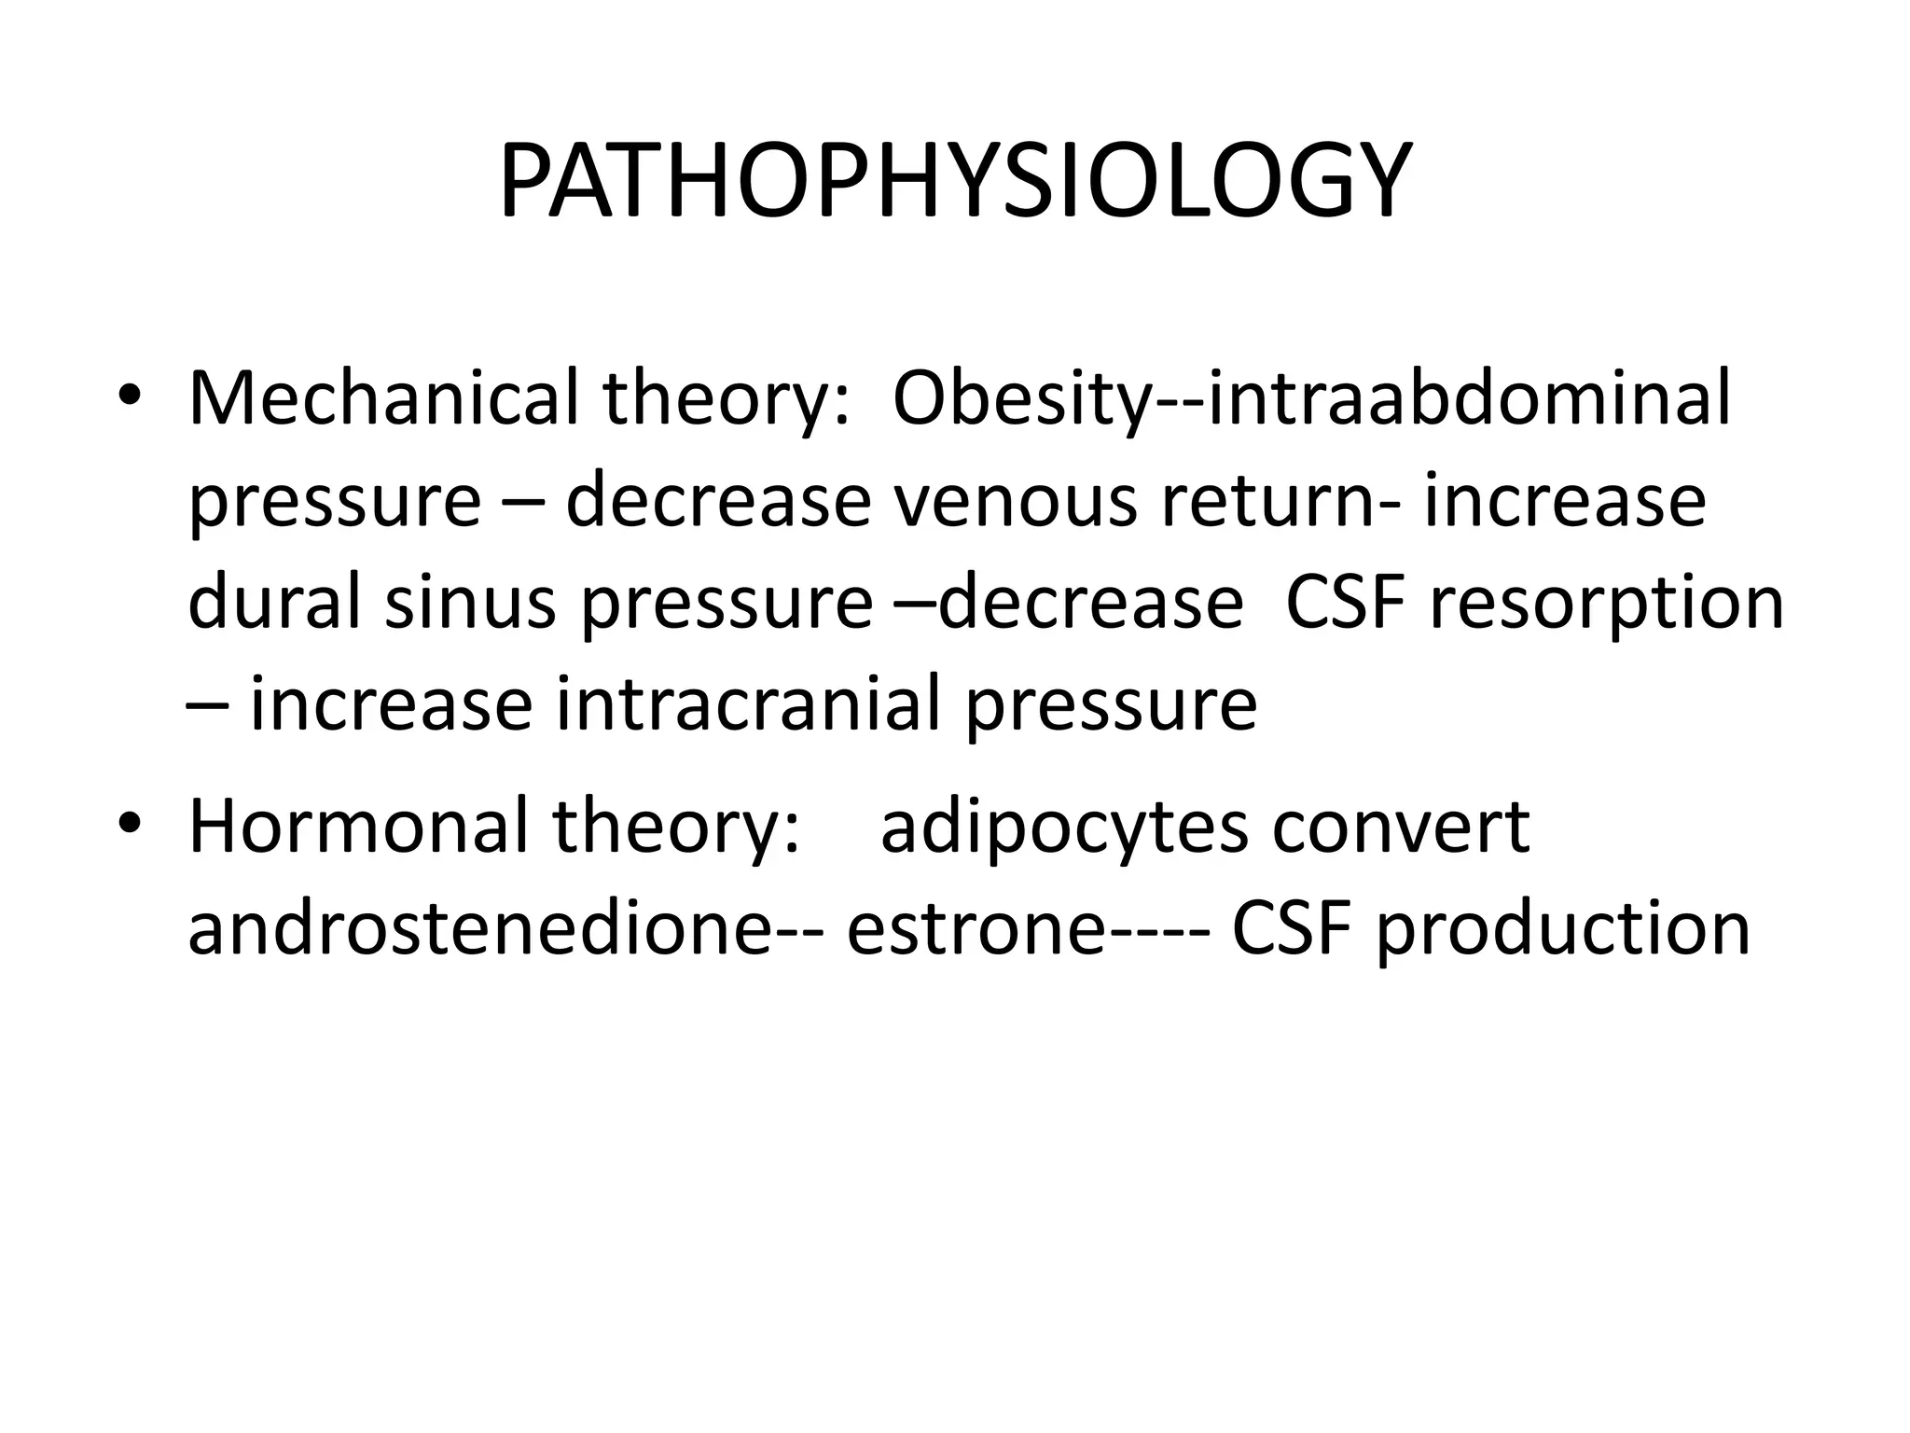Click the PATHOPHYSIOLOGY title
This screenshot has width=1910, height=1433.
pyautogui.click(x=954, y=183)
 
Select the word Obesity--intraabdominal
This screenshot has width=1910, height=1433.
pyautogui.click(x=1311, y=399)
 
